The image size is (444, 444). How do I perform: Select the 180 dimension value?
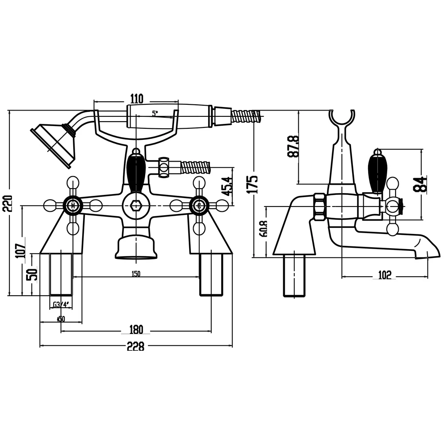136,329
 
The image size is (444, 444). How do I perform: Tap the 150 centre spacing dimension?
136,274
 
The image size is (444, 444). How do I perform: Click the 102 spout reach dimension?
385,275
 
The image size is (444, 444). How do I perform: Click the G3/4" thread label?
61,305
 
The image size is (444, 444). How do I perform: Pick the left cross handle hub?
73,205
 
